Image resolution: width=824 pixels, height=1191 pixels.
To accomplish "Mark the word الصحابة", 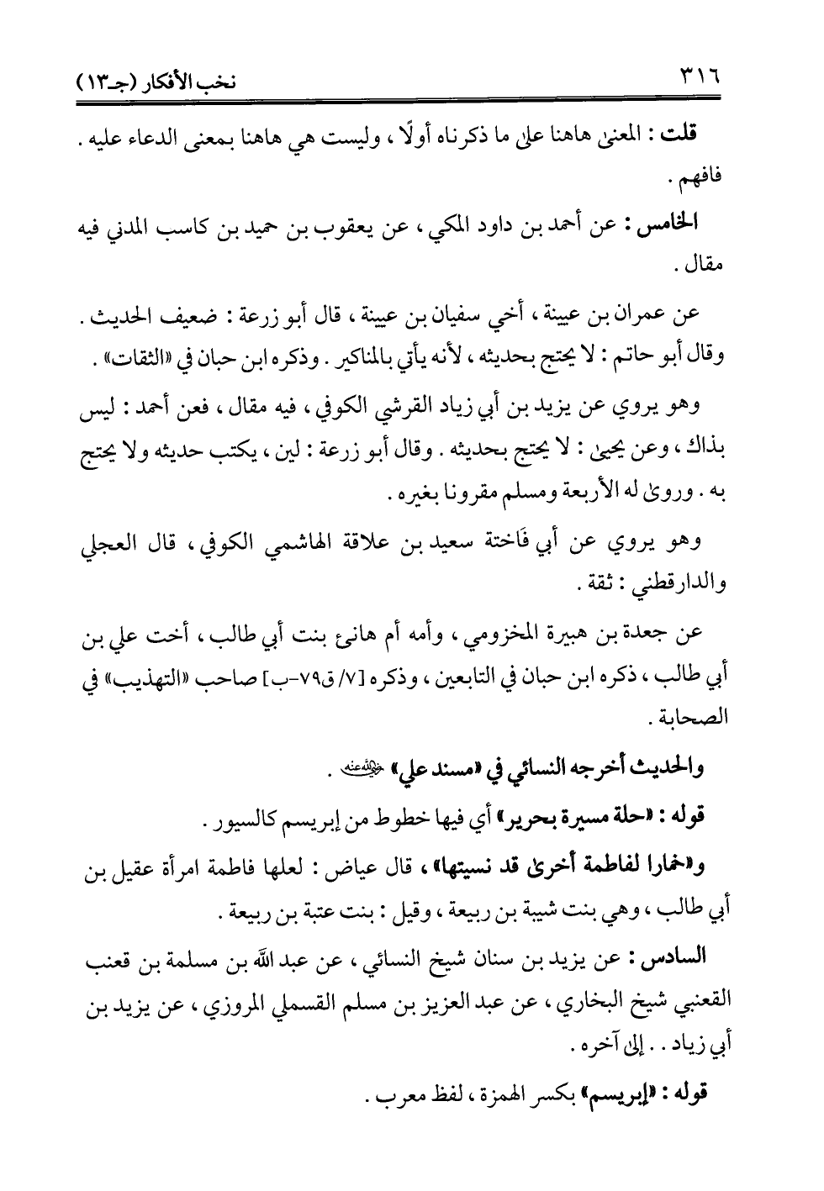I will [696, 720].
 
